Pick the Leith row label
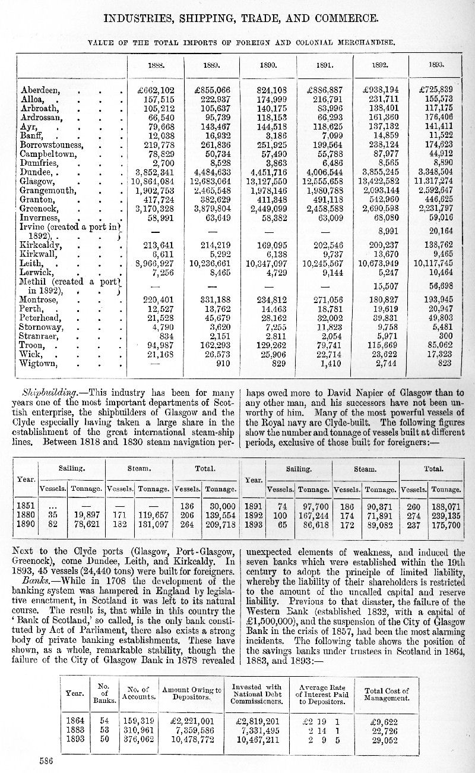[32, 262]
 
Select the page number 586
[47, 760]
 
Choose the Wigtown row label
[39, 362]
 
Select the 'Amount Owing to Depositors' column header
[192, 693]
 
